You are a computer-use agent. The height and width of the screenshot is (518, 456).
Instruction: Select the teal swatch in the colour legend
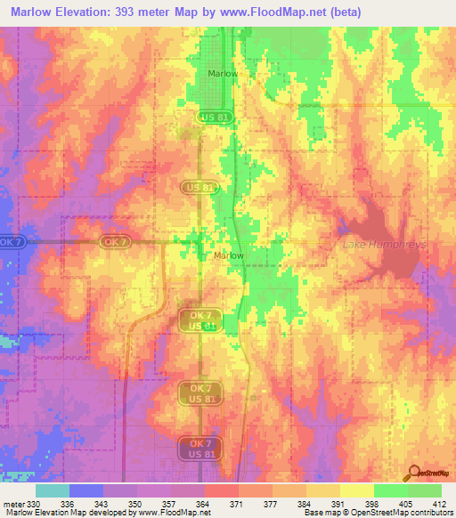[x=53, y=490]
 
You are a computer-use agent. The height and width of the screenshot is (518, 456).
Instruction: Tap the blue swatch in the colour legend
[x=86, y=490]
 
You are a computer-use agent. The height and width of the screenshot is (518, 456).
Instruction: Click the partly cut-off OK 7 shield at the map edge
[x=10, y=241]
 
